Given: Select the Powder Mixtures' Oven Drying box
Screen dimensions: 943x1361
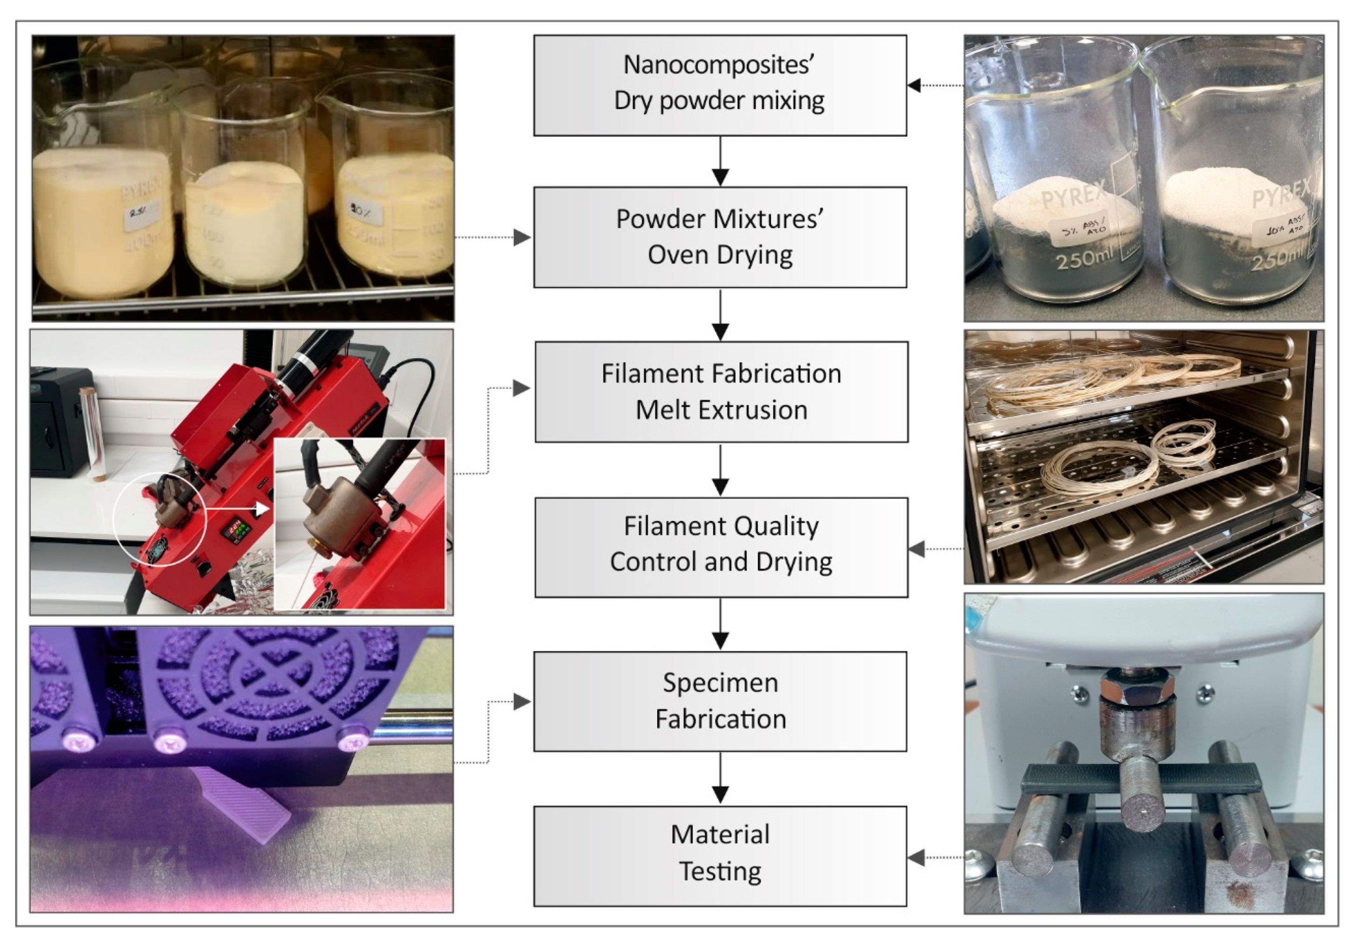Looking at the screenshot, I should pyautogui.click(x=720, y=237).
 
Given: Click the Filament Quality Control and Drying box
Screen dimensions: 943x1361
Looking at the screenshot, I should pyautogui.click(x=721, y=547).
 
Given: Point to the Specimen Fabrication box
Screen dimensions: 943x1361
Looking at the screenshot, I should pyautogui.click(x=720, y=701).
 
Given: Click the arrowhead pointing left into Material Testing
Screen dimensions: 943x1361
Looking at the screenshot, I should pyautogui.click(x=916, y=857).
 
